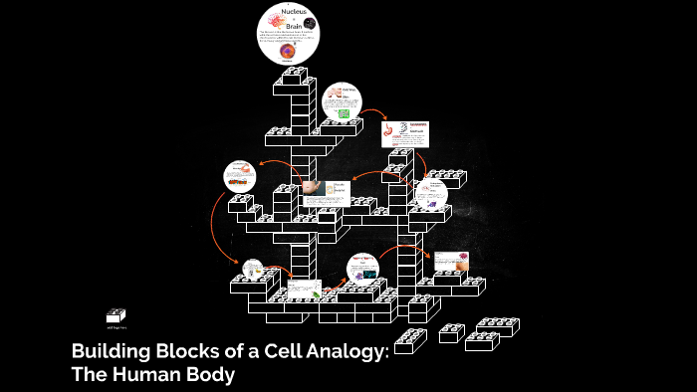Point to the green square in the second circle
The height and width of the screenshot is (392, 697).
(344, 114)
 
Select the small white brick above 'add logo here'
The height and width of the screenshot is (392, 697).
(116, 315)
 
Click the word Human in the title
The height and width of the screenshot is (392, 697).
(150, 375)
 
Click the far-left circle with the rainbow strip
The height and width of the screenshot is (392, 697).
(240, 176)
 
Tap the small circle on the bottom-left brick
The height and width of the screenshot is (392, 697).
(253, 269)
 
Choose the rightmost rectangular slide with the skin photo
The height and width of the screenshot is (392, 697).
(450, 261)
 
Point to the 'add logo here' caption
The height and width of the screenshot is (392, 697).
(116, 326)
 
